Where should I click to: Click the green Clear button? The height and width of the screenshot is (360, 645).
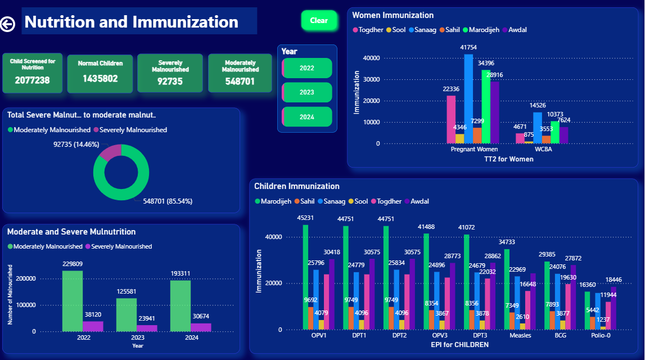319,20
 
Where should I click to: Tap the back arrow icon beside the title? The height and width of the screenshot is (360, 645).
7,24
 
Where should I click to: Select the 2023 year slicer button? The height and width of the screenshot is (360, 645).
307,92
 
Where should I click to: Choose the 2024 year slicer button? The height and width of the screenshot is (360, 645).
307,117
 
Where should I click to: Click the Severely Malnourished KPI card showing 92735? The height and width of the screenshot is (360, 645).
170,73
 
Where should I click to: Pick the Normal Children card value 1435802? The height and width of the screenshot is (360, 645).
100,79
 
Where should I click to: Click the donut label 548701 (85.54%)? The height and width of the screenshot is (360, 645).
168,201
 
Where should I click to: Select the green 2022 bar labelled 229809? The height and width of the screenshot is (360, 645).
73,301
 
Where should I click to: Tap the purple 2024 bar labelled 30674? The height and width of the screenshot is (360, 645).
201,327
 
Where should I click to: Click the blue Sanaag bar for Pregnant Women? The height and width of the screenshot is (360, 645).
468,99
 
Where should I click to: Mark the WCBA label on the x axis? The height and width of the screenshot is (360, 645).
543,149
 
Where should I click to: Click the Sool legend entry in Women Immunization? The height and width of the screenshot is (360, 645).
396,30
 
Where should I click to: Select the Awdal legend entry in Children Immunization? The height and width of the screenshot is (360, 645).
417,201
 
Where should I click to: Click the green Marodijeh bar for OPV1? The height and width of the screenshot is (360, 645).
306,277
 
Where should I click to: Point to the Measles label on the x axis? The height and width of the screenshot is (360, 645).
520,335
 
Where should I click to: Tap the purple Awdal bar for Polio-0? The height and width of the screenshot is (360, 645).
614,308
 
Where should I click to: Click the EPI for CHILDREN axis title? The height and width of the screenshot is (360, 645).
460,345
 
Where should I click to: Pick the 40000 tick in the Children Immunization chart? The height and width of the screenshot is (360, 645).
273,237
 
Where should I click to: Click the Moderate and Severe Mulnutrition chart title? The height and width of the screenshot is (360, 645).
71,232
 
